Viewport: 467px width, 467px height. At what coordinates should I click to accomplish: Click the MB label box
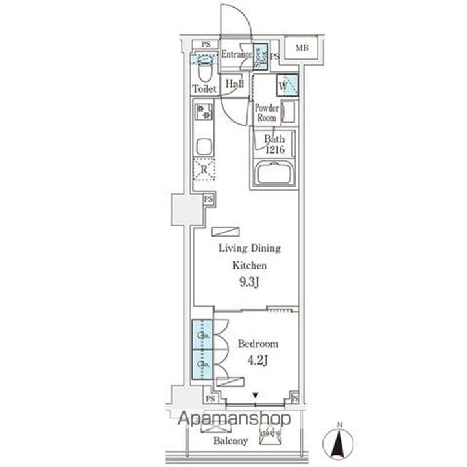click(302, 48)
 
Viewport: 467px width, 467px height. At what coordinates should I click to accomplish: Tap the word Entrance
click(235, 54)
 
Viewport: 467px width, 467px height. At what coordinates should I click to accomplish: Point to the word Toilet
click(204, 88)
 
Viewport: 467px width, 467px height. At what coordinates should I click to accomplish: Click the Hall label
click(235, 84)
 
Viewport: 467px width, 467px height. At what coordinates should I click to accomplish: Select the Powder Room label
click(266, 114)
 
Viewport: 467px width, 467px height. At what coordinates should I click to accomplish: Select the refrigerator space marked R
click(204, 170)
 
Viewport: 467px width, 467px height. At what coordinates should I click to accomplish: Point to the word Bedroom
click(257, 344)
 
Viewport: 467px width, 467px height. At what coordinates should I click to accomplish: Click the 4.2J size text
click(257, 358)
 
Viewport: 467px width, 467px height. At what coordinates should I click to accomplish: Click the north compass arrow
click(339, 444)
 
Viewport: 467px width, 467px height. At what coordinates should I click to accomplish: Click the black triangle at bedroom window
click(256, 394)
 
